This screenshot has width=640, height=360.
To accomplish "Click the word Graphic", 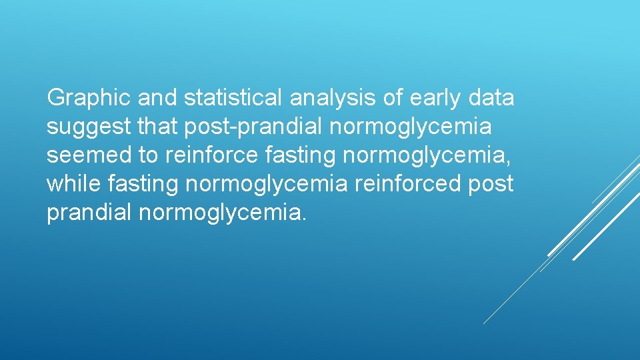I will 89,99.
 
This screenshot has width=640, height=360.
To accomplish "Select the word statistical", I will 233,99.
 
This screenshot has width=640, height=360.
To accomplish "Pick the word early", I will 435,99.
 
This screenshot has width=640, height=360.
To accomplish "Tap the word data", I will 491,99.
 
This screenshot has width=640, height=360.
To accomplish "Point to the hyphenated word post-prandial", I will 255,127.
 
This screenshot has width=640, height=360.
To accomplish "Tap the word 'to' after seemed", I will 148,155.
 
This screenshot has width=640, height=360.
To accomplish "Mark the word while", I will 71,184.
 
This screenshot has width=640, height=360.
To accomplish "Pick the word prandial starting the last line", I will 89,213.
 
